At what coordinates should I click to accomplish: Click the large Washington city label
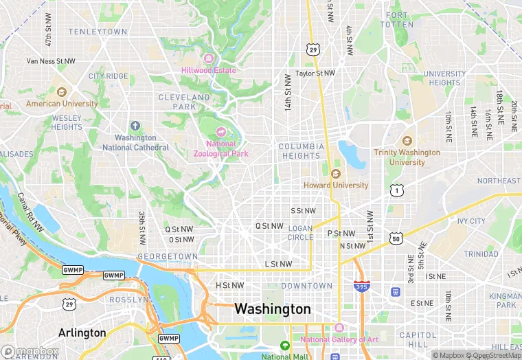coord(273,309)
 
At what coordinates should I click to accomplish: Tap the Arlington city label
coord(82,333)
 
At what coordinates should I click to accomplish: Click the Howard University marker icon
coord(336,173)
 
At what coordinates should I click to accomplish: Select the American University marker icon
coord(61,92)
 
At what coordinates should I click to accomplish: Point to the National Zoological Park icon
coord(221,132)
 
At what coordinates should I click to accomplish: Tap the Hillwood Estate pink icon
coord(208,58)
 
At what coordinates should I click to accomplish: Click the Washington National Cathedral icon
coord(135,126)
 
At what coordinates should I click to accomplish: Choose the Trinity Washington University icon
coord(407,140)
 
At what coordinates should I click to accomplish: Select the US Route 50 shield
coord(396,238)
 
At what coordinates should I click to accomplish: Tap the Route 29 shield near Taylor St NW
coord(313,49)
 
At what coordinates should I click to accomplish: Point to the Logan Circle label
coord(300,233)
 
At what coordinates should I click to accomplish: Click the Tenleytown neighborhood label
coord(98,32)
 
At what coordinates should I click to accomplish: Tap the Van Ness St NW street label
coord(51,61)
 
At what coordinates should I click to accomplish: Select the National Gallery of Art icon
coord(338,328)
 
